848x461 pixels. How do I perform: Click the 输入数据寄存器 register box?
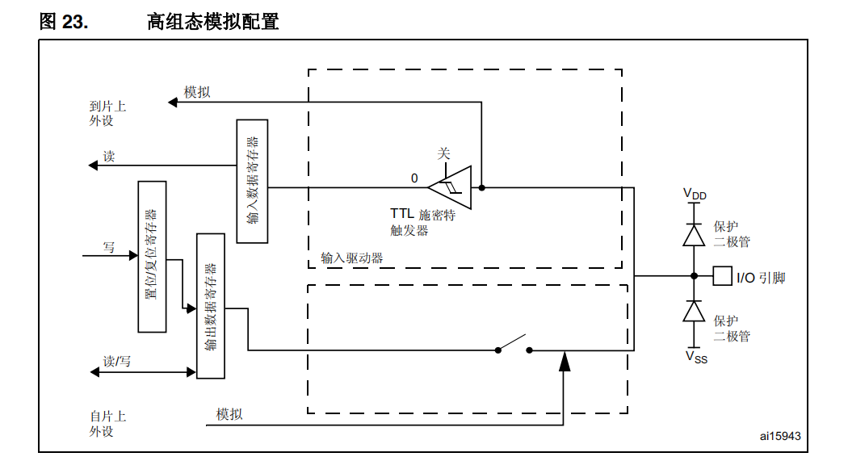pyautogui.click(x=252, y=181)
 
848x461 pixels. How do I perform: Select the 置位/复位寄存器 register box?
pyautogui.click(x=152, y=257)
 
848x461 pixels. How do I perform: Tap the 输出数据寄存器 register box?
pyautogui.click(x=211, y=306)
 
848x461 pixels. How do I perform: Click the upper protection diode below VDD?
pyautogui.click(x=694, y=234)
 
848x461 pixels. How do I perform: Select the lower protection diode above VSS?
pyautogui.click(x=694, y=311)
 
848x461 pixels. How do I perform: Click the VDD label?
pyautogui.click(x=695, y=194)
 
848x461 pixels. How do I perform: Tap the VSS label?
pyautogui.click(x=695, y=356)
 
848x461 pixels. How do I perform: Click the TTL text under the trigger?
pyautogui.click(x=401, y=215)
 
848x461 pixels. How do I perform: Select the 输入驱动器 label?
pyautogui.click(x=351, y=258)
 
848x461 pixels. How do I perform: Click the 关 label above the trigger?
pyautogui.click(x=443, y=153)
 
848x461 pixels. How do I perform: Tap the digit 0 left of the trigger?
pyautogui.click(x=414, y=178)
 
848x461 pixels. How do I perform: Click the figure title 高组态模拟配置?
pyautogui.click(x=213, y=22)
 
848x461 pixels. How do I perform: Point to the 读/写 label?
pyautogui.click(x=117, y=361)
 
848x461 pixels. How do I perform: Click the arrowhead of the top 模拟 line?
pyautogui.click(x=172, y=102)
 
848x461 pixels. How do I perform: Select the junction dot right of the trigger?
pyautogui.click(x=481, y=187)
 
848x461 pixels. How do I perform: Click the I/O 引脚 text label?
pyautogui.click(x=760, y=278)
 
